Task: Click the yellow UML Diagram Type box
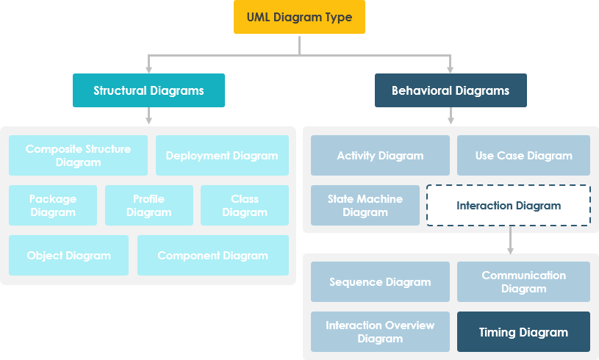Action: tap(299, 17)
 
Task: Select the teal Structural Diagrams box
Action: tap(148, 90)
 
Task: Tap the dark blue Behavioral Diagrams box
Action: tap(451, 90)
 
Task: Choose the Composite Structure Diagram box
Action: tap(78, 155)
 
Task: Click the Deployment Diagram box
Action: tap(222, 155)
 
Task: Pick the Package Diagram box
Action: tap(53, 205)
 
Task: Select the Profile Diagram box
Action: tap(148, 205)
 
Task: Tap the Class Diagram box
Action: tap(245, 205)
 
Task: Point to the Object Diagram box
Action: tap(68, 255)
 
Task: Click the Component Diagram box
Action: tap(212, 255)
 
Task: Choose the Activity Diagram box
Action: tap(380, 155)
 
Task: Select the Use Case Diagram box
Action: tap(523, 155)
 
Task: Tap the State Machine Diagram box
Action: tap(365, 205)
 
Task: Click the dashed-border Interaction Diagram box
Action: tap(509, 205)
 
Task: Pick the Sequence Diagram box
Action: tap(380, 281)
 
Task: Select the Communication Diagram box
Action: tap(523, 281)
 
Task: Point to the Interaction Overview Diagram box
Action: tap(380, 331)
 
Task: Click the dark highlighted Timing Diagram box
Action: tap(523, 331)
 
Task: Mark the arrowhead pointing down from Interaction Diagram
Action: tap(510, 251)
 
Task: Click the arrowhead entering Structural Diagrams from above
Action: tap(148, 69)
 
